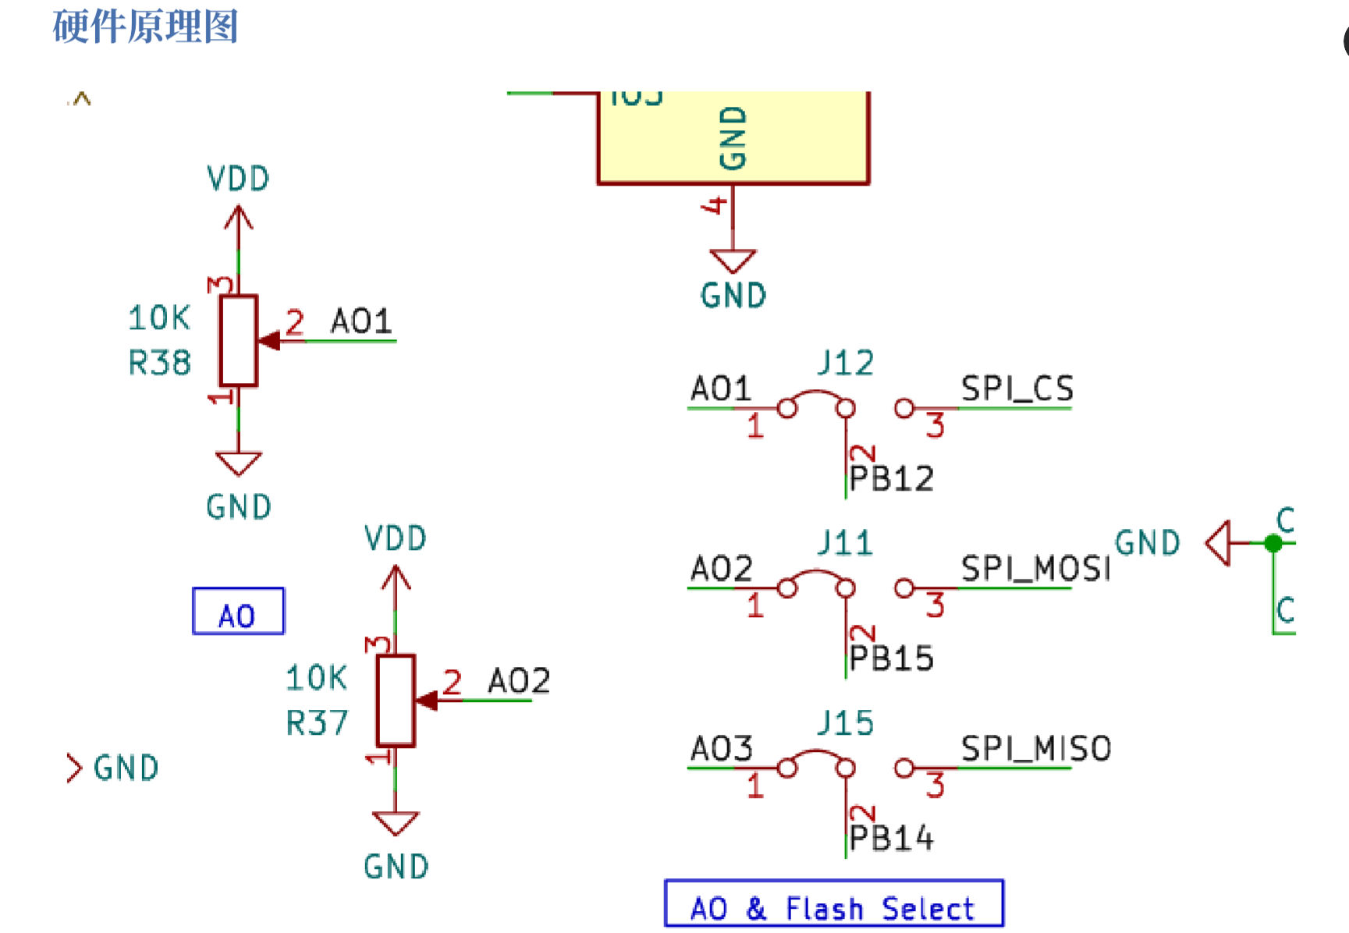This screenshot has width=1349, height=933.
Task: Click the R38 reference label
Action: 159,363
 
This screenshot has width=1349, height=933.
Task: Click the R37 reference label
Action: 316,723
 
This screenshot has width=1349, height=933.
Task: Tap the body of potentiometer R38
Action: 238,341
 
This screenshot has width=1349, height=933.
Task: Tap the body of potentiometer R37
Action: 396,701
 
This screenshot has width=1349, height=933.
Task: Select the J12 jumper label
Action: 845,364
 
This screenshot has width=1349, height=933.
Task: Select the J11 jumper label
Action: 845,543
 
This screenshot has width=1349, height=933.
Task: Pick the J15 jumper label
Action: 845,723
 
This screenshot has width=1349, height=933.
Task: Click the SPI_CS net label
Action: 1017,388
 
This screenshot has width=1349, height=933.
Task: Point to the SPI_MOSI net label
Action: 1035,569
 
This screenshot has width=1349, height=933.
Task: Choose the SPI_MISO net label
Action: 1035,749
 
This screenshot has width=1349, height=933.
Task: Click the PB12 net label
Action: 891,479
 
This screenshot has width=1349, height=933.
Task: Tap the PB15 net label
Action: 891,658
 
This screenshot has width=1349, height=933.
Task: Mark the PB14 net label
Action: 891,839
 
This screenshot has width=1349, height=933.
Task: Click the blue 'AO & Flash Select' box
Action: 833,904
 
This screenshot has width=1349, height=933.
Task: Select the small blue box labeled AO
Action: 238,612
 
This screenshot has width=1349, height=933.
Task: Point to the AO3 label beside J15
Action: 721,749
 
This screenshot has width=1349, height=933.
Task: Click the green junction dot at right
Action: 1273,543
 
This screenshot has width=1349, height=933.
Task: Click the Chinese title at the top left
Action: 145,26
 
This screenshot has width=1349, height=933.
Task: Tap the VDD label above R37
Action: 396,539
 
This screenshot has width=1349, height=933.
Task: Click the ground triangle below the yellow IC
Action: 733,260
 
